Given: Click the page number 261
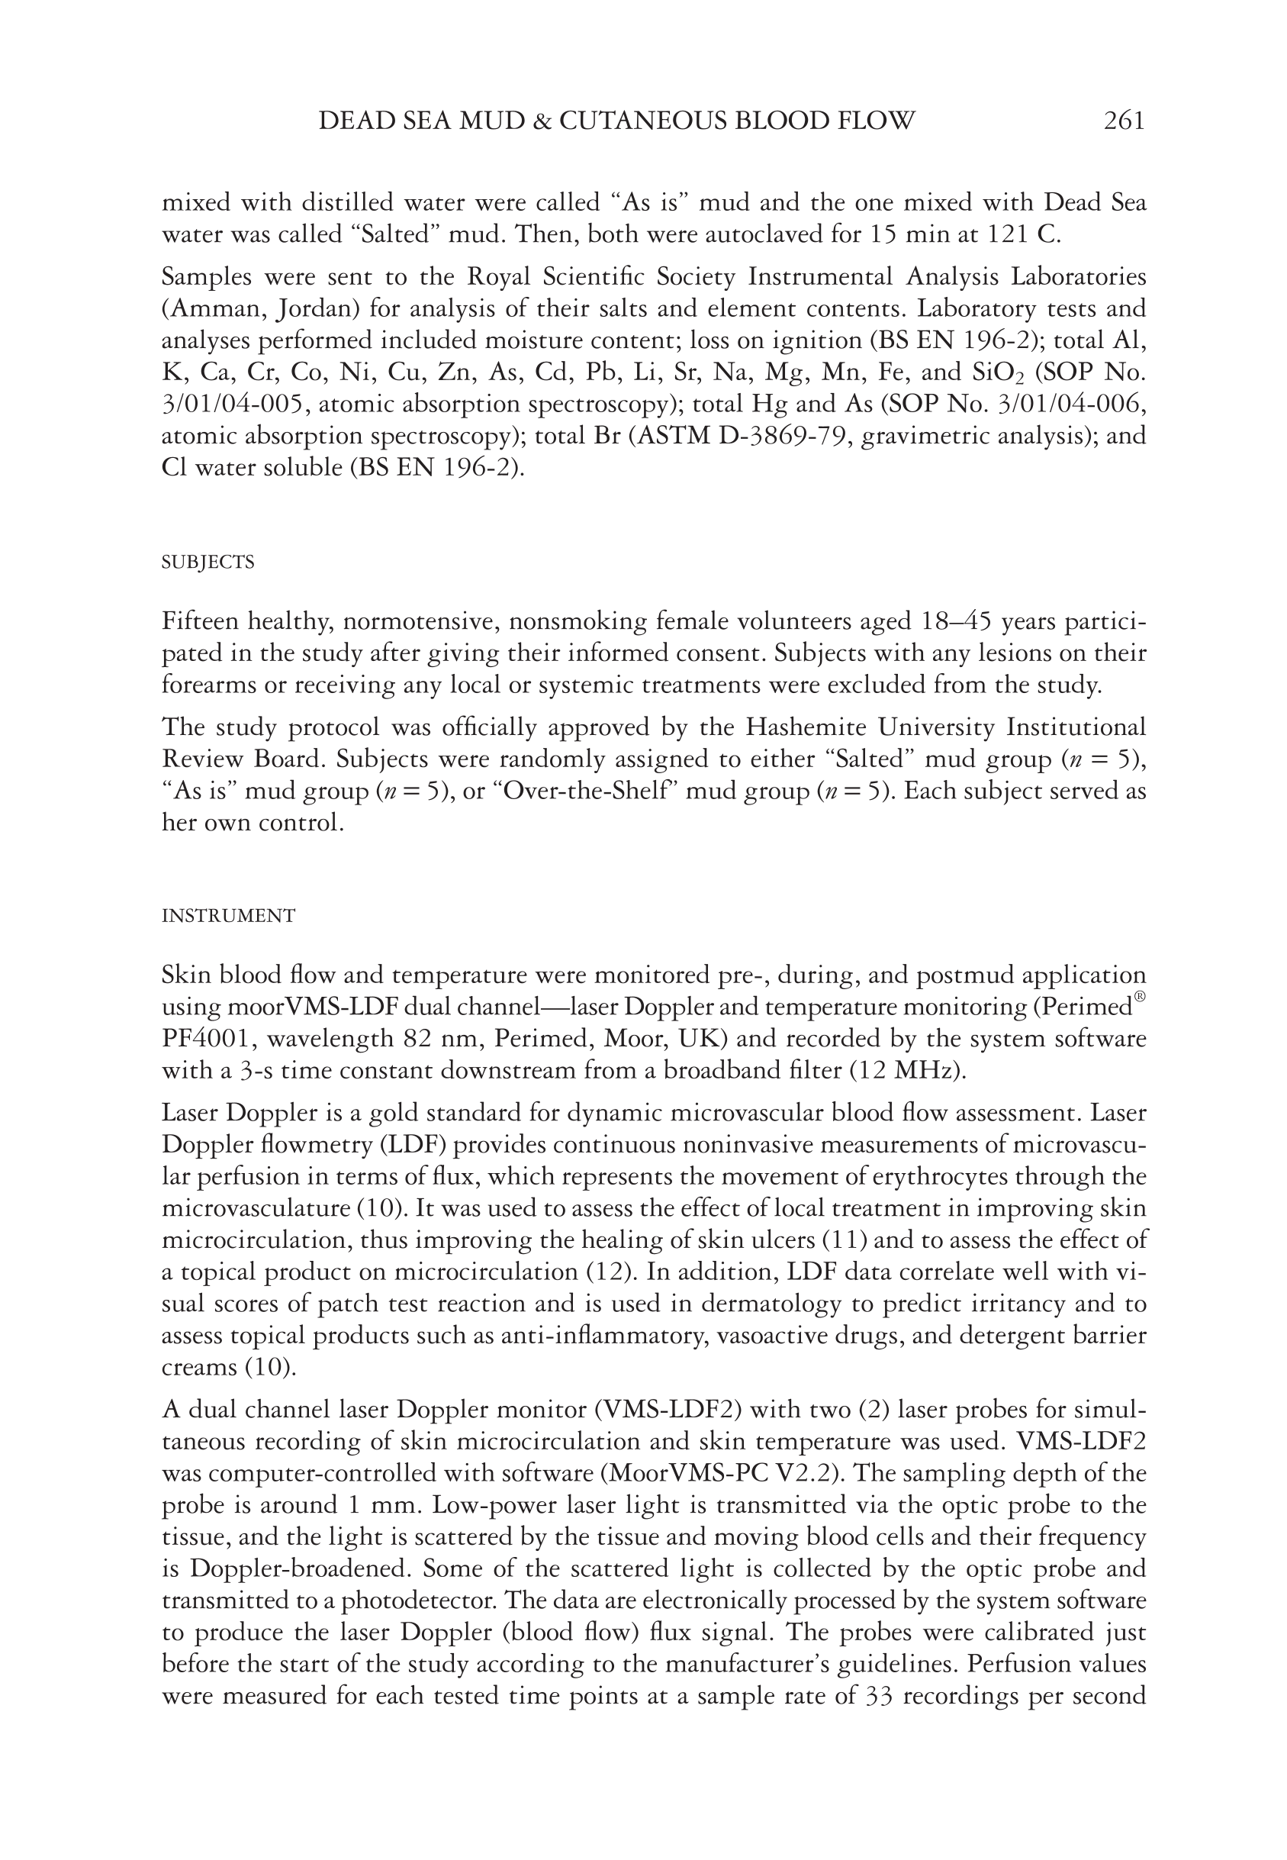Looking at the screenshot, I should tap(1123, 120).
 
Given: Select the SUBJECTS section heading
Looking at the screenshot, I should tap(208, 563).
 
